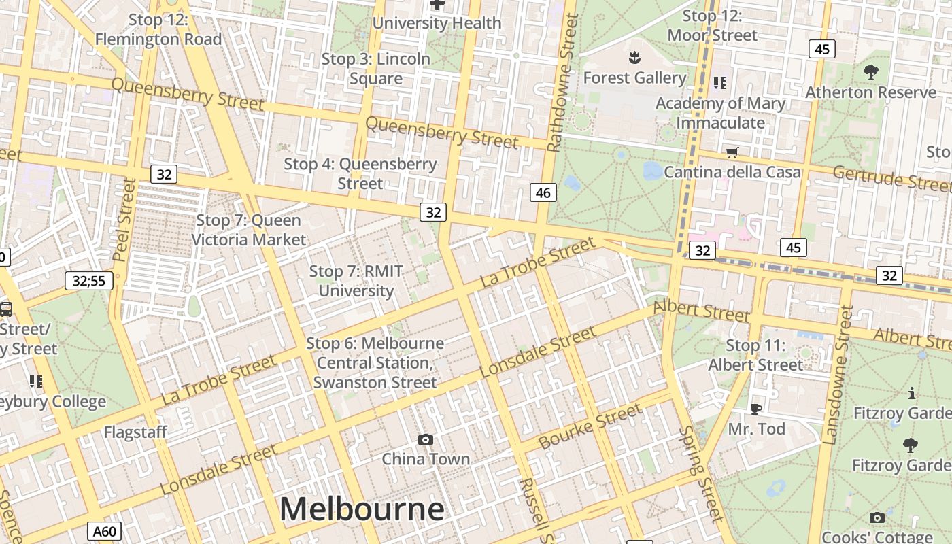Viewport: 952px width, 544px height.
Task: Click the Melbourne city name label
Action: pos(362,509)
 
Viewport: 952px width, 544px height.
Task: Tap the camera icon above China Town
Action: pos(426,439)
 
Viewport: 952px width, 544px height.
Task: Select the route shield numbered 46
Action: pos(543,192)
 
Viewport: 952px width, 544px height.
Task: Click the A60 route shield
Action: pos(104,531)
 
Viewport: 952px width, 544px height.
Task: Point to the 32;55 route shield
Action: pos(89,280)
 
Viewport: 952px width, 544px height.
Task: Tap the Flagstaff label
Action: pos(135,432)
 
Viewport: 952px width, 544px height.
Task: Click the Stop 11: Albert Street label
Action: pos(755,355)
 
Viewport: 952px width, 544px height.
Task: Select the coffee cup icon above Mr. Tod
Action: pos(755,408)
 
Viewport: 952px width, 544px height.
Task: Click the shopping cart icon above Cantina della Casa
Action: pos(732,152)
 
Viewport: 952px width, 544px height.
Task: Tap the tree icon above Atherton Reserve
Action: pos(870,71)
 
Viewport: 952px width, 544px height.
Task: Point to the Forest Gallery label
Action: pos(634,78)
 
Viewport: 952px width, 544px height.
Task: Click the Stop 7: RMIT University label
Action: pos(356,281)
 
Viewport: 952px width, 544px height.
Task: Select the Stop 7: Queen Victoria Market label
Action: pos(249,230)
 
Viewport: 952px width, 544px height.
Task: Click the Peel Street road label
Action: pos(124,220)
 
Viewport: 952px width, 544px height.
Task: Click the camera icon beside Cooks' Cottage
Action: pos(877,517)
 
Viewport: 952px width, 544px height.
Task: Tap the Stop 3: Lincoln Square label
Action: pos(376,68)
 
